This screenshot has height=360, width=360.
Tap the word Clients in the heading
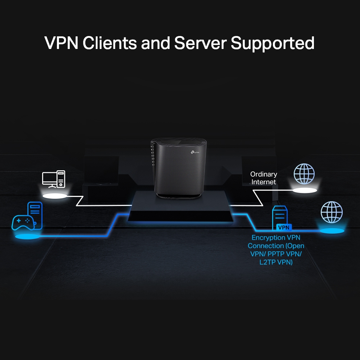[109, 43]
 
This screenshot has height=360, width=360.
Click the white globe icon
[304, 174]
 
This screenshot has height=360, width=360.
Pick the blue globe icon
[331, 212]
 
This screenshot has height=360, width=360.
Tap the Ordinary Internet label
[264, 178]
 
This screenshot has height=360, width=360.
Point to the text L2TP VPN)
[276, 262]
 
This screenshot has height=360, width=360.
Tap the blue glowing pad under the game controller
[27, 237]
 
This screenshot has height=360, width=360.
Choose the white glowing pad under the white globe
[304, 190]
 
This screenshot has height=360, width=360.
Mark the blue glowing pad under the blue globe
[331, 230]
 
